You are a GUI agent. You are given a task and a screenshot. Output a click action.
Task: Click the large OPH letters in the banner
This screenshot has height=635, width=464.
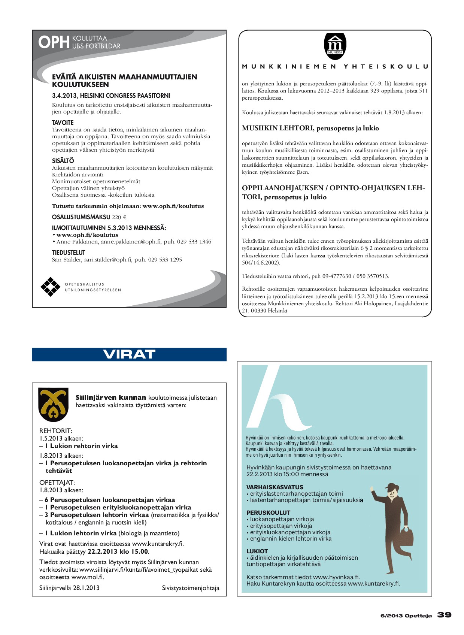pos(54,42)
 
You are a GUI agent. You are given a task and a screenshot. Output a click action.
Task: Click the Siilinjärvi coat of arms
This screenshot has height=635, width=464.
pos(54,405)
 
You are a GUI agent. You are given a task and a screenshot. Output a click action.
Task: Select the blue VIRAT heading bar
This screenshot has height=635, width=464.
pos(129,354)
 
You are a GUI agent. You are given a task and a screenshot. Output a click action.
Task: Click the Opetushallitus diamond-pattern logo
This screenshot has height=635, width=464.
pos(50,287)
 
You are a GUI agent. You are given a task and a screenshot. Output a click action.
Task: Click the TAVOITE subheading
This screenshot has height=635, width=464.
pos(63,123)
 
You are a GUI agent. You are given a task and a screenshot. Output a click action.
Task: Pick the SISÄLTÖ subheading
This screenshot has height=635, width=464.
pos(63,161)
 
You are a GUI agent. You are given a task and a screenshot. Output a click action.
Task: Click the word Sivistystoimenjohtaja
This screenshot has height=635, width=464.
pos(190,588)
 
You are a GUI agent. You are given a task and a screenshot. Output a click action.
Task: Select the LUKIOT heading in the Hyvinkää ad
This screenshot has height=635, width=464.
pos(257,551)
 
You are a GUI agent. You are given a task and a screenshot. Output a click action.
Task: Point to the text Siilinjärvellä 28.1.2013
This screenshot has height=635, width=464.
pos(69,588)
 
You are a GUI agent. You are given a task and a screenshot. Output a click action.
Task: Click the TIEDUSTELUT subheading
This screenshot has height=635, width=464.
pos(69,253)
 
